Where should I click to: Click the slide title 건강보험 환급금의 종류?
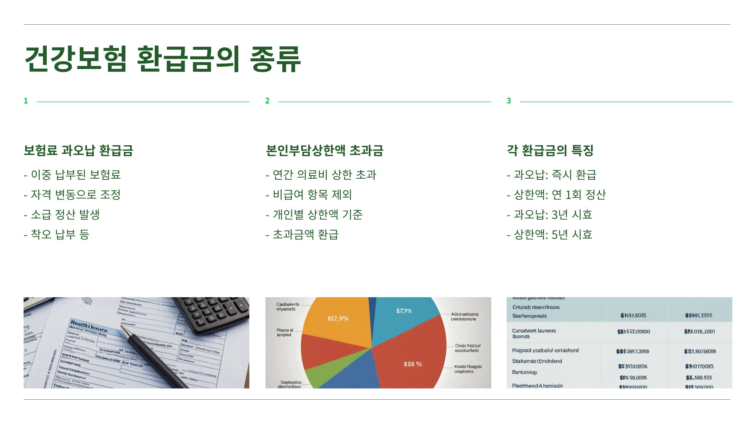[163, 59]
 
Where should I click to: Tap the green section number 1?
[26, 101]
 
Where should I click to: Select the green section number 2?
[267, 101]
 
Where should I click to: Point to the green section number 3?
[509, 101]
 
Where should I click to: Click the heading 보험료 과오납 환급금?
[79, 150]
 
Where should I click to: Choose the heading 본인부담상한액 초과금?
[324, 150]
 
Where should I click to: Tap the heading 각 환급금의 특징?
[550, 150]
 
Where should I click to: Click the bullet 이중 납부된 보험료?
[75, 175]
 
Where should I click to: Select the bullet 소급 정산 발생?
[65, 215]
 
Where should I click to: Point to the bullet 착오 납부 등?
[60, 235]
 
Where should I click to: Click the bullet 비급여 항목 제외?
[312, 195]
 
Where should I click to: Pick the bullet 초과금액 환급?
[306, 235]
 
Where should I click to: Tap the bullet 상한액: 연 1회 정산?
[560, 195]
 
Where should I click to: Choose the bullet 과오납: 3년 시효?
[553, 215]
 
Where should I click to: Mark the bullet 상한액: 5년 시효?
[553, 235]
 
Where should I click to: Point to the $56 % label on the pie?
[413, 364]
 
